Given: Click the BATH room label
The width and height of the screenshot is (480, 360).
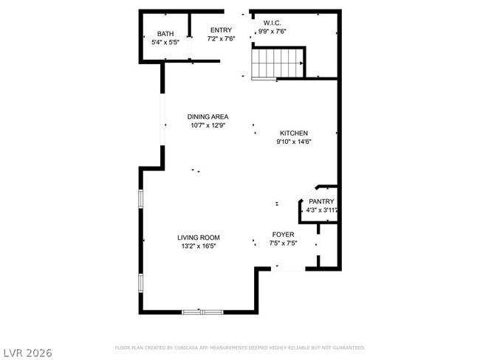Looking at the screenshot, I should (x=165, y=34).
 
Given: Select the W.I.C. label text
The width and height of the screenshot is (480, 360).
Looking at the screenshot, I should (x=271, y=22).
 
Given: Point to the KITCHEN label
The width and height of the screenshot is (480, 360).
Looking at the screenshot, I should (x=293, y=133).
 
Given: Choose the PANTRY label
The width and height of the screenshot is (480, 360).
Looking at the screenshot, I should (x=321, y=201).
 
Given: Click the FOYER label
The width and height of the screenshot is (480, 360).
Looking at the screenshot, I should (x=284, y=235).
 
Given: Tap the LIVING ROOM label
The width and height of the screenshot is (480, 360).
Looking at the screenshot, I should (x=198, y=238).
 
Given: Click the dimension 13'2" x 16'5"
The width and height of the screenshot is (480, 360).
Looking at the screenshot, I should (x=198, y=246).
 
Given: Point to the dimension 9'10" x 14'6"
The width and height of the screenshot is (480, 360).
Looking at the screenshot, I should (x=293, y=142).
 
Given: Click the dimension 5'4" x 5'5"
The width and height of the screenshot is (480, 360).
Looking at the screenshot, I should (x=165, y=43).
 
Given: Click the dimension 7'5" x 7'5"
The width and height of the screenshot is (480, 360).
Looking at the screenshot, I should (x=284, y=243).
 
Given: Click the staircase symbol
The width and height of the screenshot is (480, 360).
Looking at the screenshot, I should (x=278, y=62).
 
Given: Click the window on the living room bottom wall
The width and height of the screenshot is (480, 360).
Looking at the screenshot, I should (x=202, y=312).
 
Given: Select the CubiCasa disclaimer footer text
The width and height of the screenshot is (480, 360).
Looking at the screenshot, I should (x=239, y=347).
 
